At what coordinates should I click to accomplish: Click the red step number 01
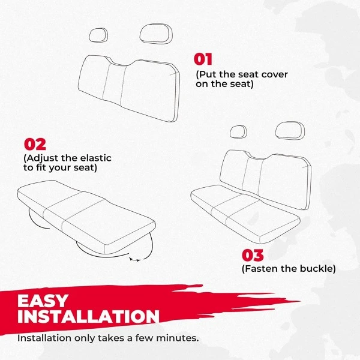coord(203,59)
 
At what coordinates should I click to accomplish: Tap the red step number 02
coord(35,145)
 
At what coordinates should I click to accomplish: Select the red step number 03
coord(253,256)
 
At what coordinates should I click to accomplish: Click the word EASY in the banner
coord(43,301)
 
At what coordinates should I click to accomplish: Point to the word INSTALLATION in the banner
coord(88,317)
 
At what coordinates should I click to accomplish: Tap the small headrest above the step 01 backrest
coord(98,35)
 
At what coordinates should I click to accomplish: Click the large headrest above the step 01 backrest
coord(155,34)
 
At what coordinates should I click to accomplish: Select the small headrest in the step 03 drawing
coord(238,132)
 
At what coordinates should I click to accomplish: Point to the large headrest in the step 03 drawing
coord(290,131)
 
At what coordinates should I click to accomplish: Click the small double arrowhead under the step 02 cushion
coord(135,260)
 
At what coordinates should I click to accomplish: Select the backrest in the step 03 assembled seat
coord(265,179)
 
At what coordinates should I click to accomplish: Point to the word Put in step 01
coord(208,74)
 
